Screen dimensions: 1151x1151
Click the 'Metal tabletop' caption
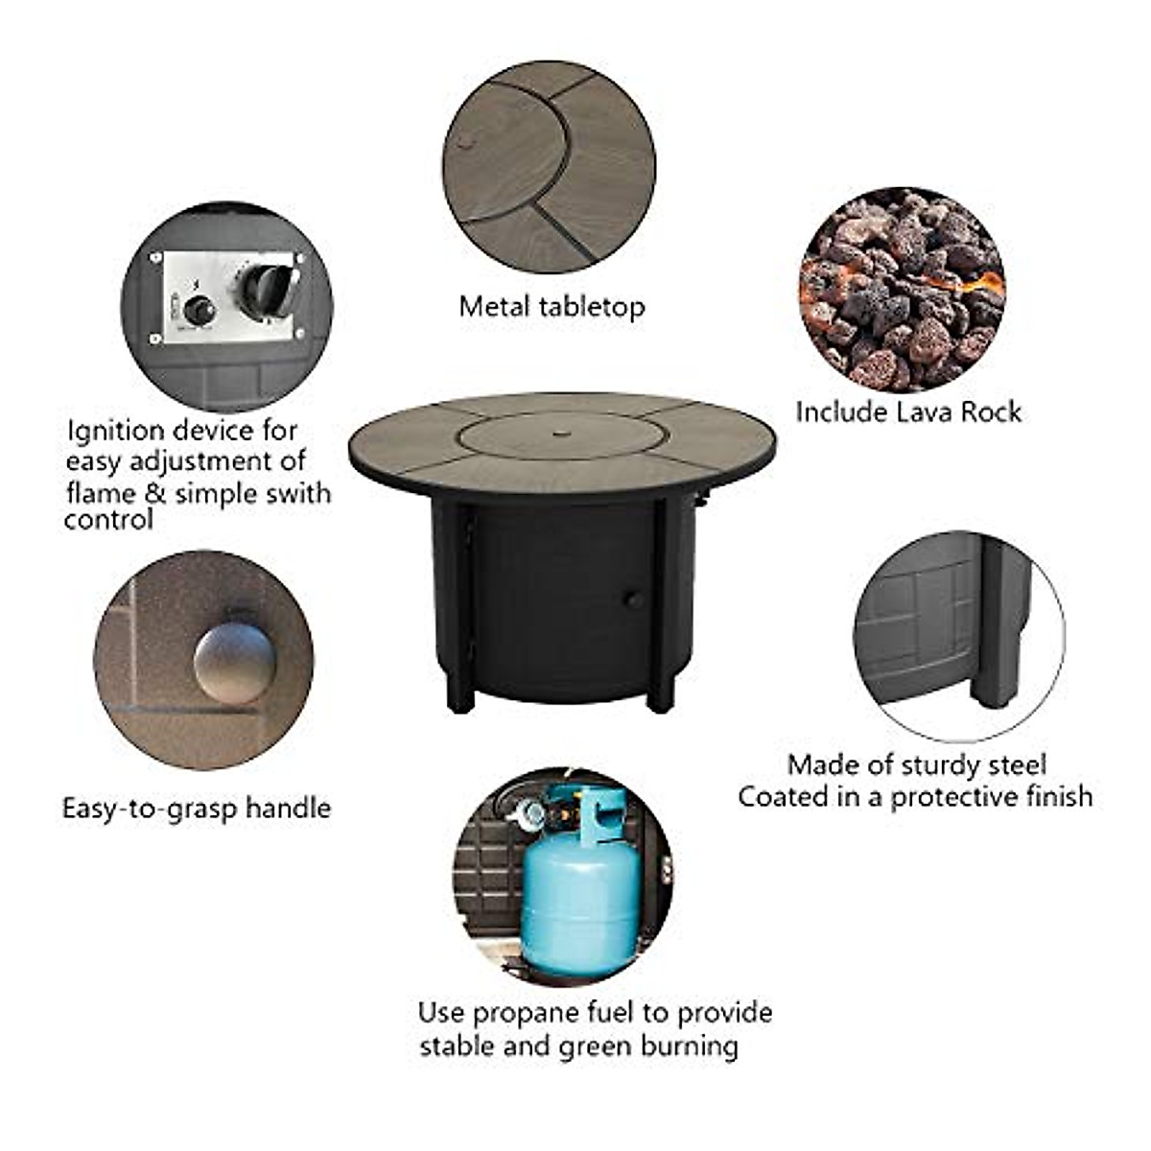click(552, 307)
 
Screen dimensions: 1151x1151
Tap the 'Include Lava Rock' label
click(907, 412)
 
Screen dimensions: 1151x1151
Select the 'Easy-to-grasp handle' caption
click(197, 809)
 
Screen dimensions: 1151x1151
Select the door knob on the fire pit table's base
click(633, 600)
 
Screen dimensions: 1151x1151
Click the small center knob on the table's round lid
click(560, 435)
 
